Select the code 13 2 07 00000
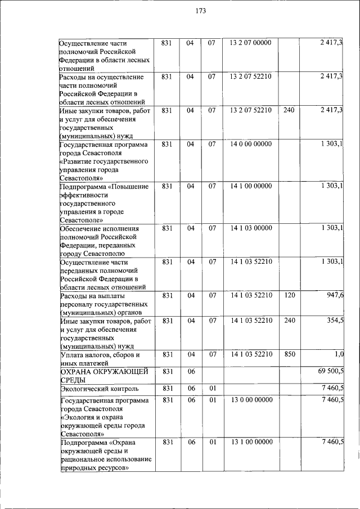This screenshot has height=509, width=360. (251, 43)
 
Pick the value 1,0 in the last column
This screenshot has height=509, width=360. (337, 354)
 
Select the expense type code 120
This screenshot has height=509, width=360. (289, 295)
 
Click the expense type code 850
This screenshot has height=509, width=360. (289, 354)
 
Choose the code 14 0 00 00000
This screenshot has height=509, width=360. (251, 144)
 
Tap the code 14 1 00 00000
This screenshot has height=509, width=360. (251, 186)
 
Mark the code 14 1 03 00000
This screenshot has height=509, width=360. (251, 228)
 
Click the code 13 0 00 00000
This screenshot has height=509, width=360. (251, 400)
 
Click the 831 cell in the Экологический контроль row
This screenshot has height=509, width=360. (166, 388)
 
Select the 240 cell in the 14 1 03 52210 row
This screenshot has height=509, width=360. (289, 321)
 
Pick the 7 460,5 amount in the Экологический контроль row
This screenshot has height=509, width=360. (330, 388)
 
